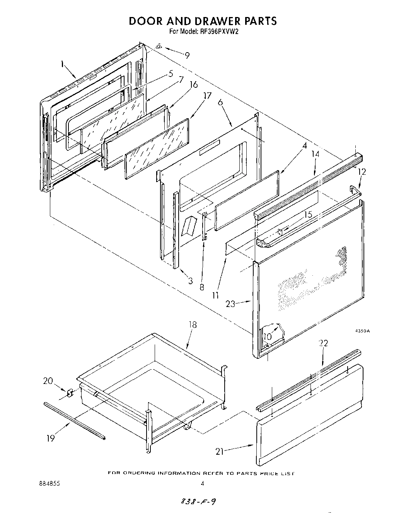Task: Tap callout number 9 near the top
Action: click(187, 56)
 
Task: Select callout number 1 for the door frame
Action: click(62, 64)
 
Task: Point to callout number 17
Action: click(208, 95)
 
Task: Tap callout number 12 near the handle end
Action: click(362, 171)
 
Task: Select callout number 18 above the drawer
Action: click(192, 325)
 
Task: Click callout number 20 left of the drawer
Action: click(48, 381)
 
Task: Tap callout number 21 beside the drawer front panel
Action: click(220, 451)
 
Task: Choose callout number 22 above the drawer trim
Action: click(324, 343)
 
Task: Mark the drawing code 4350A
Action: click(363, 331)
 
